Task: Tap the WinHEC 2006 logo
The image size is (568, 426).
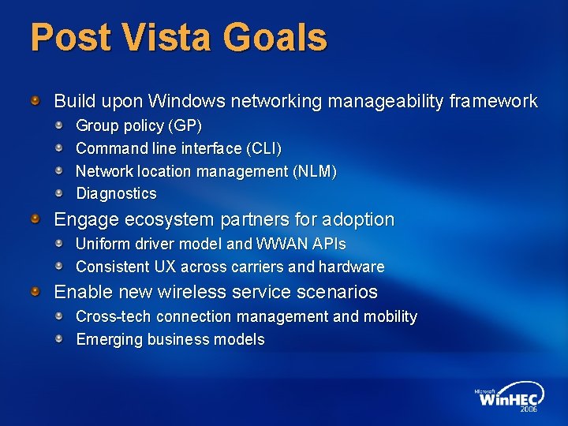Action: pos(507,398)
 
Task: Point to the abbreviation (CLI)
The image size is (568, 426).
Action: pos(265,148)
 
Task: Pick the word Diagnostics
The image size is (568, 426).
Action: pos(116,193)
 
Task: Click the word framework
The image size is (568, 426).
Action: pos(493,102)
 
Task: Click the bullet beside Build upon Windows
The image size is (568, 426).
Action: pos(35,101)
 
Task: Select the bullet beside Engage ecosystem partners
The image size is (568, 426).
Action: pos(35,219)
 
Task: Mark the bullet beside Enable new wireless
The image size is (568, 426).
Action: pos(35,291)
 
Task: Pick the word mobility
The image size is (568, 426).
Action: pos(390,317)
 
